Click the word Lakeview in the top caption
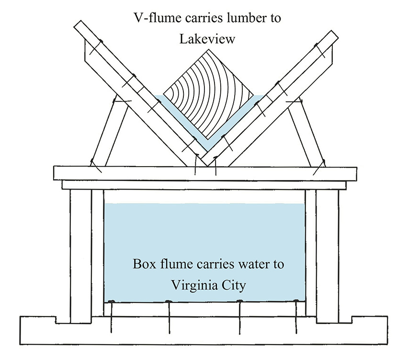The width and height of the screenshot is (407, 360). (x=207, y=39)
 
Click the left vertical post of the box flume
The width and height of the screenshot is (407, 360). (x=80, y=254)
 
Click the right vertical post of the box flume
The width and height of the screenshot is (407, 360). (x=328, y=254)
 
